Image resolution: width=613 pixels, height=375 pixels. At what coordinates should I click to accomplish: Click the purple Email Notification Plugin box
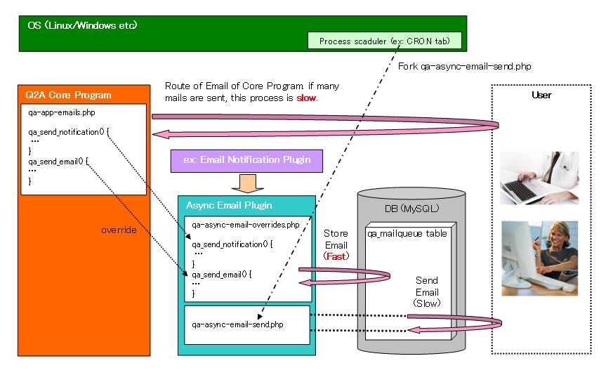coord(246,160)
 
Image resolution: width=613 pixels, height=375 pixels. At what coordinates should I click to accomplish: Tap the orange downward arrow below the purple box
coord(247,182)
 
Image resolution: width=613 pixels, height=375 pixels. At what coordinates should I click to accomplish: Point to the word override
coord(119,229)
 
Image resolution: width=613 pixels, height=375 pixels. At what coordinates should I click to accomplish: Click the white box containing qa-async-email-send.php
coord(246,325)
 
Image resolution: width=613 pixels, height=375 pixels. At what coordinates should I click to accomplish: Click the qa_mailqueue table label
coord(408,233)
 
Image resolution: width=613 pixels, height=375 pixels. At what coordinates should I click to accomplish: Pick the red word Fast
coord(336,257)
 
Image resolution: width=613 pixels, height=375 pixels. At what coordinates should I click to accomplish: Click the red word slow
coord(306,98)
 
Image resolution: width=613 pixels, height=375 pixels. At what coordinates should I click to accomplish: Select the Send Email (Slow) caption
coord(427,292)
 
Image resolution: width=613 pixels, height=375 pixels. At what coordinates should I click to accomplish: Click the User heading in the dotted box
coord(541,95)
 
